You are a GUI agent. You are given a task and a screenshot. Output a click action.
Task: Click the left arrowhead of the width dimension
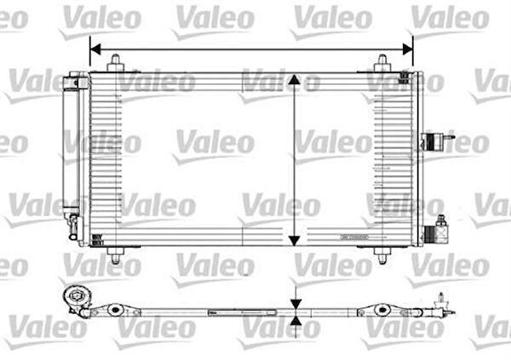click(94, 49)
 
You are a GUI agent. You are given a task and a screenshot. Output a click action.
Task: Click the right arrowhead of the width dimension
click(408, 49)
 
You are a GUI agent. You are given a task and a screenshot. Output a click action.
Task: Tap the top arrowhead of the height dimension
click(294, 80)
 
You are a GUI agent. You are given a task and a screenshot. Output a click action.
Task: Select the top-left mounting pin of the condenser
click(116, 62)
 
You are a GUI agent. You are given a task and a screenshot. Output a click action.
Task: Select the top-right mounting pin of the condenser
click(382, 62)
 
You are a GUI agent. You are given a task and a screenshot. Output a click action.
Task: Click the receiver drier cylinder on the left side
click(72, 153)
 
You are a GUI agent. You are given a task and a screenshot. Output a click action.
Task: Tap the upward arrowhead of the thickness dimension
click(294, 321)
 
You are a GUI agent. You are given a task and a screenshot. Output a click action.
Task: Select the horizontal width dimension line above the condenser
click(251, 49)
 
